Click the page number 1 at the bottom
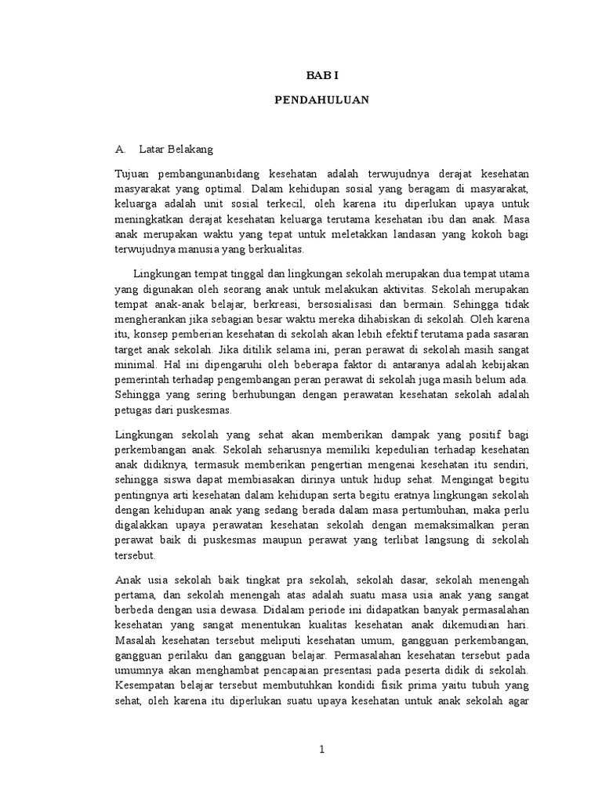(321, 750)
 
